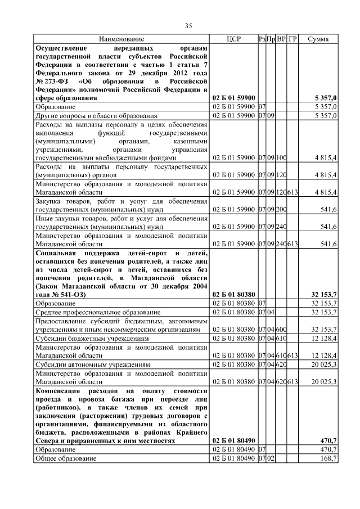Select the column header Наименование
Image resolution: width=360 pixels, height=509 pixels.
(x=121, y=39)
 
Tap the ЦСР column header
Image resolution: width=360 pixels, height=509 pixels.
(x=233, y=39)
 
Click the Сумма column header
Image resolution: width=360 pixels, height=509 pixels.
(x=318, y=39)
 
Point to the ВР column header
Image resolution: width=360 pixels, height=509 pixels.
(x=281, y=39)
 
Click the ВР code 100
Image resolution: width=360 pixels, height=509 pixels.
(x=281, y=157)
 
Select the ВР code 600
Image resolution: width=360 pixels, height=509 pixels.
(x=281, y=330)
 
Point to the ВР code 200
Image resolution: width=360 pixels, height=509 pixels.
(x=281, y=209)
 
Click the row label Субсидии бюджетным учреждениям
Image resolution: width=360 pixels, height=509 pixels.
(x=92, y=339)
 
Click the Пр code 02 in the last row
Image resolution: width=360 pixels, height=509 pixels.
(x=271, y=459)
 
